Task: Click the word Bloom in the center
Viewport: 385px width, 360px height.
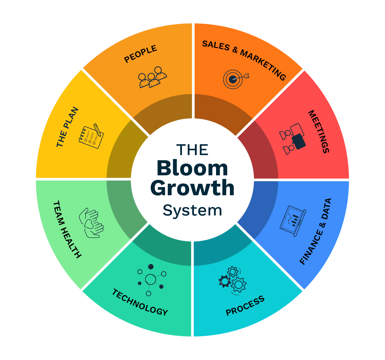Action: click(x=192, y=168)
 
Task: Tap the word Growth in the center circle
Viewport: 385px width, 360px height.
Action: click(x=192, y=189)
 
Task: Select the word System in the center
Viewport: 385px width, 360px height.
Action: click(x=192, y=210)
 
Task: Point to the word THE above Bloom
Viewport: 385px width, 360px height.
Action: click(x=192, y=150)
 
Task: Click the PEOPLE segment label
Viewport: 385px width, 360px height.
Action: click(x=141, y=54)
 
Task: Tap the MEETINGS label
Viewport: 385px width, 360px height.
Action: click(x=318, y=132)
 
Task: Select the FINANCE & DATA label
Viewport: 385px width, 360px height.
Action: click(x=316, y=231)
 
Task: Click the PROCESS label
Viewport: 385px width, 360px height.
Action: click(x=245, y=306)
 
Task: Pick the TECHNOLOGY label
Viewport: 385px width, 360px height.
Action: click(x=140, y=302)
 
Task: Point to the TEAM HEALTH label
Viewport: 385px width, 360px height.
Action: click(x=67, y=230)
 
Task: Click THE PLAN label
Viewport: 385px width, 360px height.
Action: click(x=67, y=127)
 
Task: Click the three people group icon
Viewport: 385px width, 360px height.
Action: click(x=152, y=77)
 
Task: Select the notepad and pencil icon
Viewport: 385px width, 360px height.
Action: click(x=91, y=136)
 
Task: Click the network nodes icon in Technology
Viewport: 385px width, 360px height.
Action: click(x=151, y=279)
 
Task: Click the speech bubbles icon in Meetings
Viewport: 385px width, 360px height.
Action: click(x=293, y=139)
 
